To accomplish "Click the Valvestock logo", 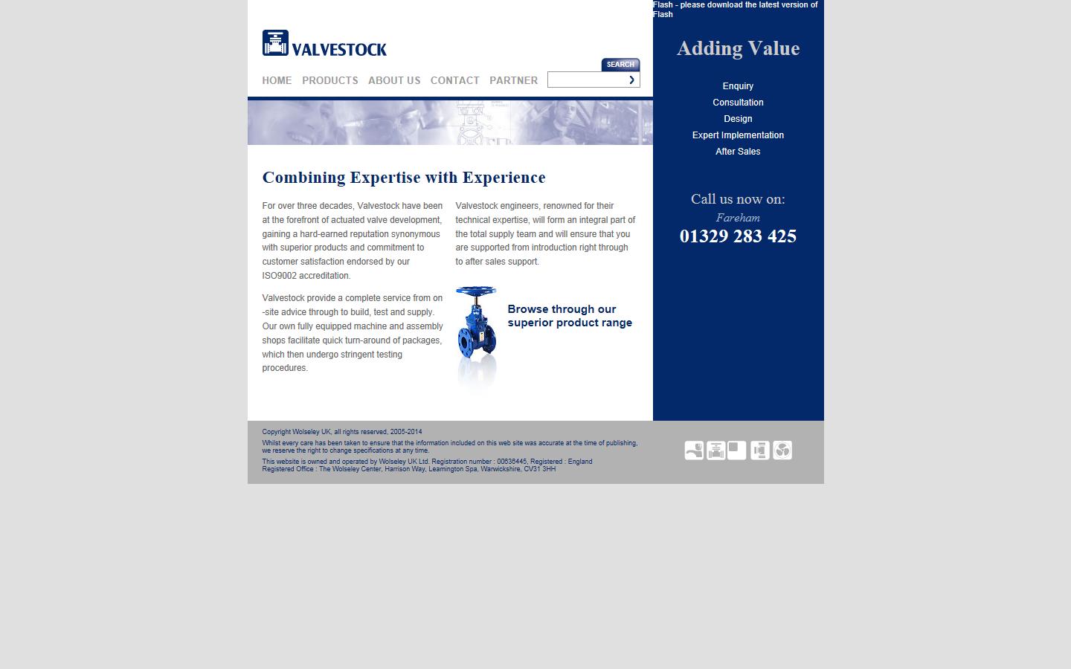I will coord(324,43).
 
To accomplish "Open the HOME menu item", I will coord(277,80).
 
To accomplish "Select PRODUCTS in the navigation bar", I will coord(330,80).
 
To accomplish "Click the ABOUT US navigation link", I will coord(394,80).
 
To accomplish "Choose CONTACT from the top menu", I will coord(454,80).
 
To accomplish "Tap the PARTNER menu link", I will coord(513,80).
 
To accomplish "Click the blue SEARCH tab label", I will coord(620,65).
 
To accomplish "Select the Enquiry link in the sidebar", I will coord(738,86).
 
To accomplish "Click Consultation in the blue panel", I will coord(738,103).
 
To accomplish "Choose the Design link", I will coord(738,119).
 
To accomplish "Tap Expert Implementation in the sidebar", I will coord(738,135).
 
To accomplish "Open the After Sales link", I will coord(738,152).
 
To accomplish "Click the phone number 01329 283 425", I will coord(738,236).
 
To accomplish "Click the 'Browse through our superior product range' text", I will coord(570,316).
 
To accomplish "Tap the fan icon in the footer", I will coord(782,450).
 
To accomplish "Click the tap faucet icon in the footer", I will coord(694,450).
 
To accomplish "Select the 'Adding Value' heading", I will coord(738,48).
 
